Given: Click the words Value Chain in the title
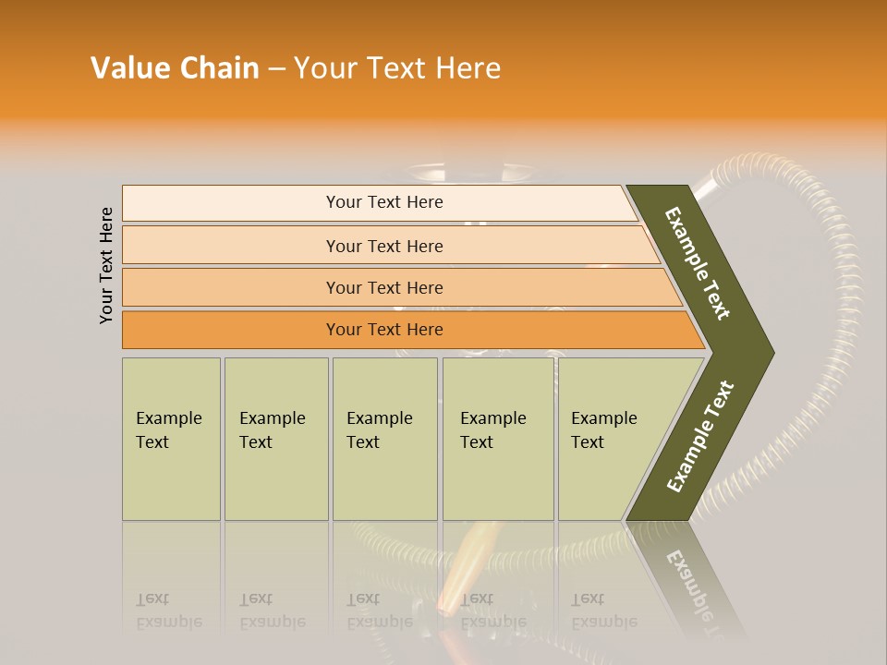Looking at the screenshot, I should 175,68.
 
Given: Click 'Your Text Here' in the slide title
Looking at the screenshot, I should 397,68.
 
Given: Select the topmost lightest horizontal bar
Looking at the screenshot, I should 383,202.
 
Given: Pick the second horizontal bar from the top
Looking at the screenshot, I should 383,246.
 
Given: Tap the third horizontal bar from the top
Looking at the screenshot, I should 383,287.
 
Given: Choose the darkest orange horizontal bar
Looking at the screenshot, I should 383,330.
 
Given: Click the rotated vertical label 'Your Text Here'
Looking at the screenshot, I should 106,265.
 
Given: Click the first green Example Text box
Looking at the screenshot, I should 171,439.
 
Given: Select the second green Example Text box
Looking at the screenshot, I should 275,439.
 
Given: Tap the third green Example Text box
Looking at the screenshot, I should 384,439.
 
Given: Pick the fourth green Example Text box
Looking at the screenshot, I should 497,439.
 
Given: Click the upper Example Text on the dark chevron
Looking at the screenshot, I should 698,263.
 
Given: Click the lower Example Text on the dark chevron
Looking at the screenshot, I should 700,436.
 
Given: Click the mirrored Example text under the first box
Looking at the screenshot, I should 168,611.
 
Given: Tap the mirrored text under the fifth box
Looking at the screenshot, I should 603,611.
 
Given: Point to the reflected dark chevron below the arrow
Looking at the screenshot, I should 688,573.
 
